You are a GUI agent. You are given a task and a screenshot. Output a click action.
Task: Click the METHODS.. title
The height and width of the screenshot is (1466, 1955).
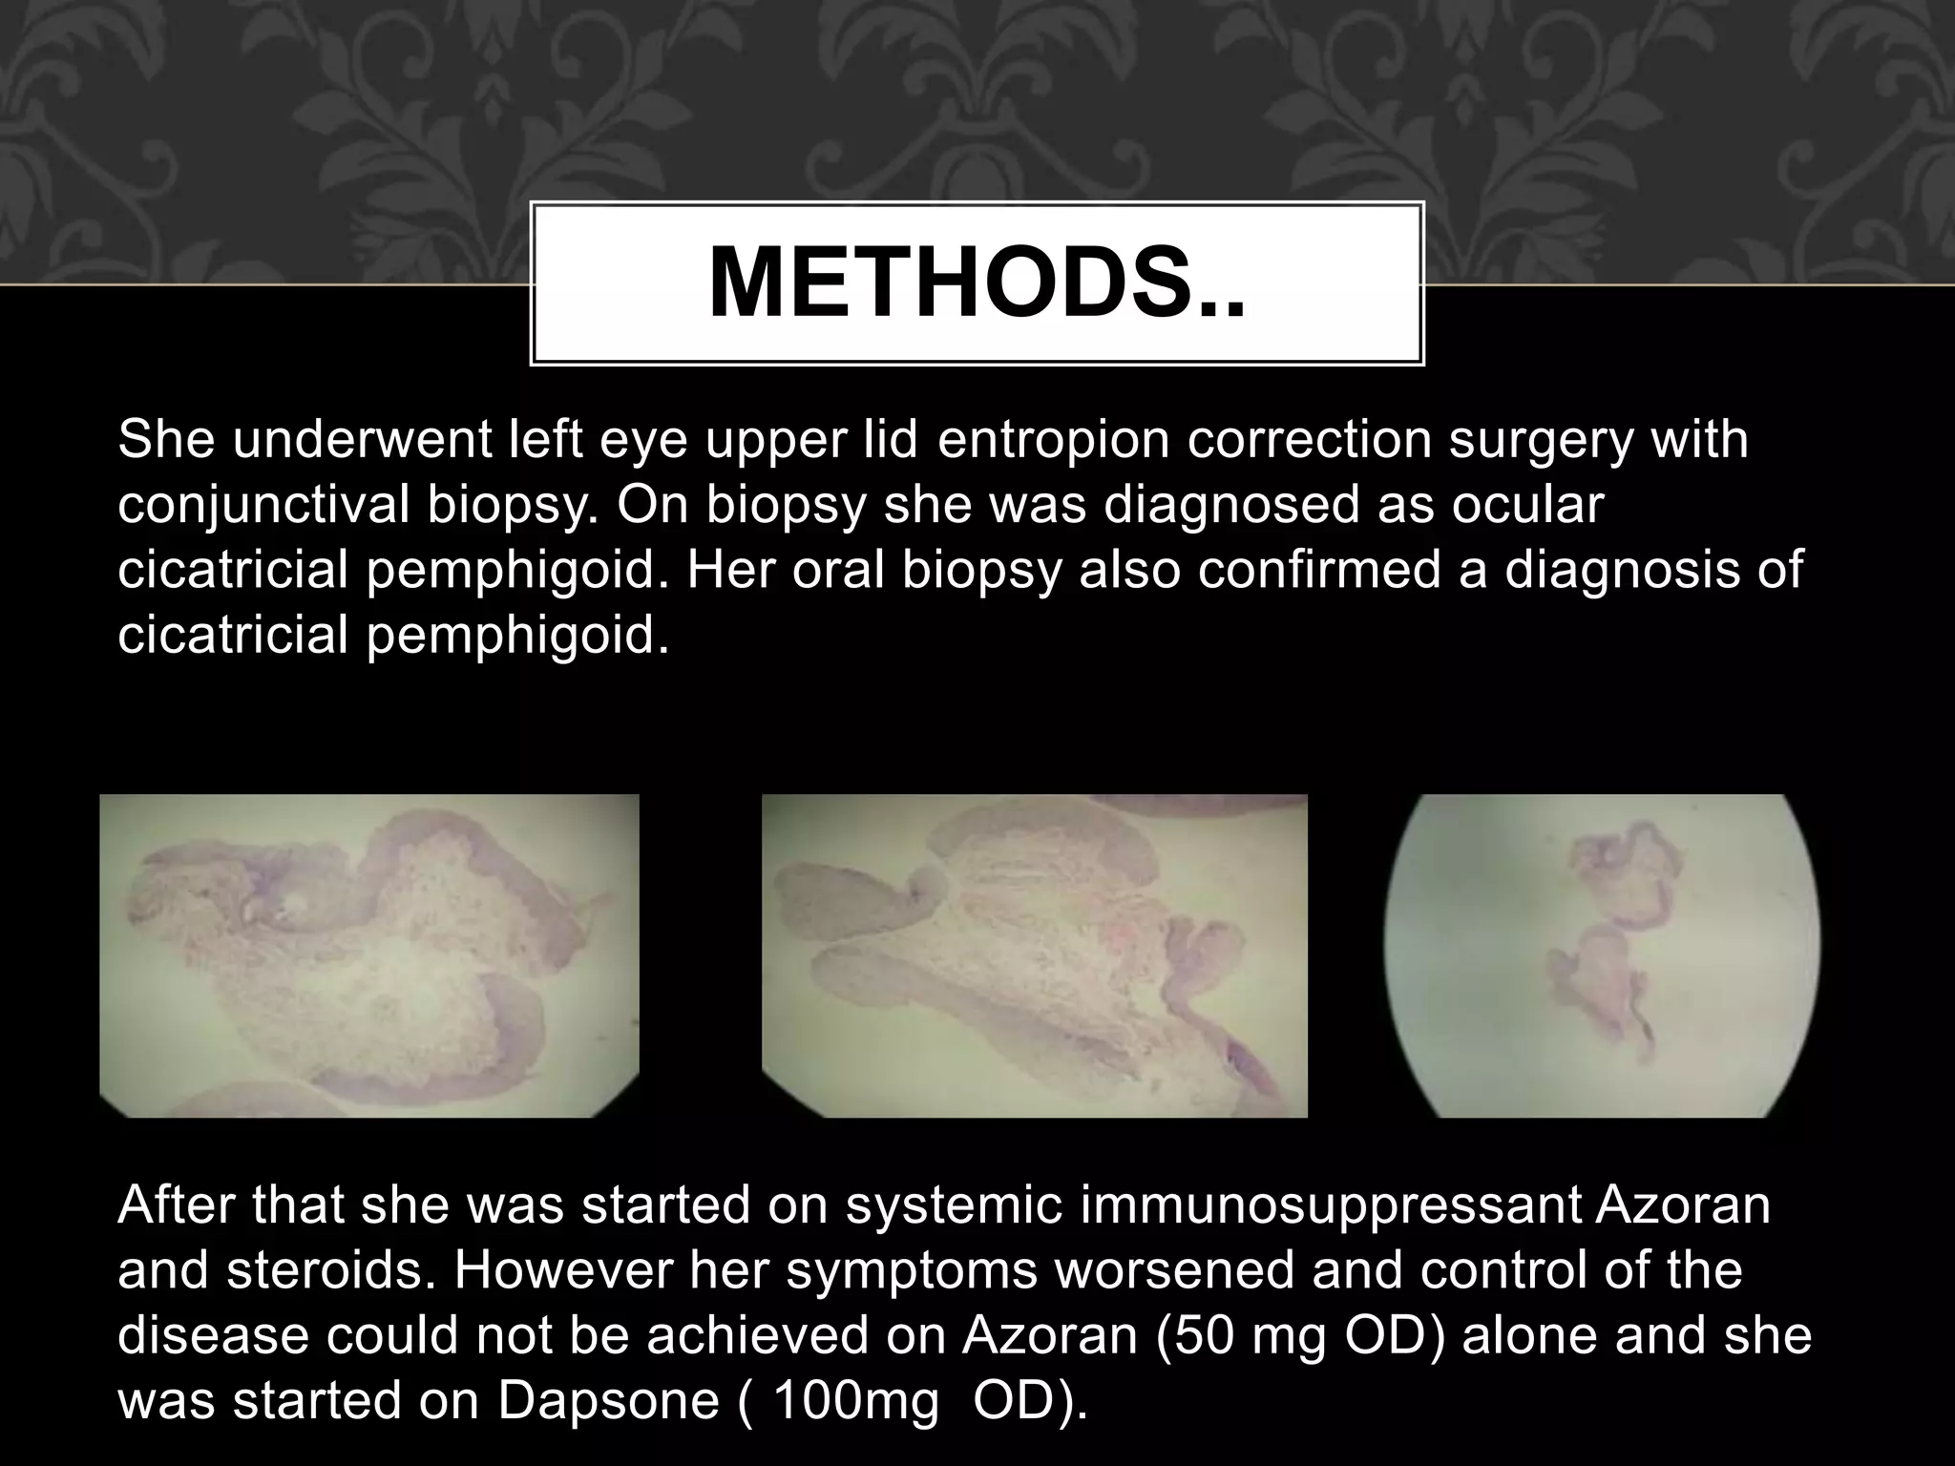click(977, 283)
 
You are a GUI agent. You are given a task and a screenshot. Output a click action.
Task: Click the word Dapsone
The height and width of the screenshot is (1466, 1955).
click(607, 1400)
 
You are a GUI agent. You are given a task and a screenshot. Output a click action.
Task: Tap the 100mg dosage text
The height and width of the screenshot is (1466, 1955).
click(855, 1400)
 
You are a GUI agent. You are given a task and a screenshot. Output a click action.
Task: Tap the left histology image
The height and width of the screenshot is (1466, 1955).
click(369, 955)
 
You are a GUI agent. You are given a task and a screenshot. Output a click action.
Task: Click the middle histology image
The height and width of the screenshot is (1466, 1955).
click(1034, 955)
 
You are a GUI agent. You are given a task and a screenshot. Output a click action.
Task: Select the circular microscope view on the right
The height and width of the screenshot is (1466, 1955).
click(1603, 955)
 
